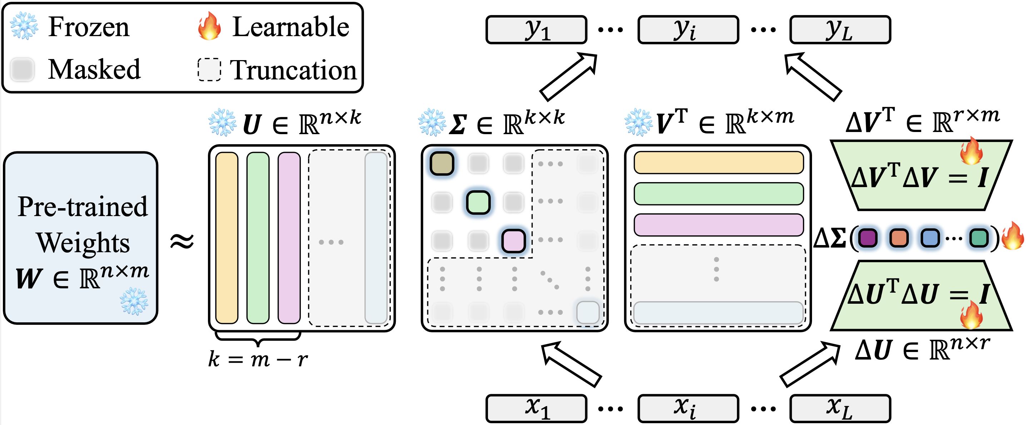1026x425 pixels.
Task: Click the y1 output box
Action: (x=536, y=29)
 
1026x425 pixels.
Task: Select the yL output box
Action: (x=840, y=29)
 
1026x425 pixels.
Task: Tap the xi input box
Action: (x=688, y=408)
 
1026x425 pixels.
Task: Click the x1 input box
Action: (x=536, y=408)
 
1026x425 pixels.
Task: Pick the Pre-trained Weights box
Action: (x=81, y=238)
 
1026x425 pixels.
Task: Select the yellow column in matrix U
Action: (x=226, y=238)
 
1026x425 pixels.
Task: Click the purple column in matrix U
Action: (x=289, y=238)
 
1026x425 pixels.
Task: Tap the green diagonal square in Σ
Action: (x=478, y=202)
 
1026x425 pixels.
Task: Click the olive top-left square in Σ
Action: (x=442, y=163)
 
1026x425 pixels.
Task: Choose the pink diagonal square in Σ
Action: (x=513, y=241)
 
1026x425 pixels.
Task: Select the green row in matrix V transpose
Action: (x=718, y=194)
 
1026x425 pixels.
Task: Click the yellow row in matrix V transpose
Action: (x=718, y=163)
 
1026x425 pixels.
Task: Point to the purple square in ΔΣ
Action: (x=868, y=238)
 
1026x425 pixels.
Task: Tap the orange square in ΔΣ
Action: (x=899, y=238)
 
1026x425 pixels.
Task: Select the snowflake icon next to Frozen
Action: (x=24, y=26)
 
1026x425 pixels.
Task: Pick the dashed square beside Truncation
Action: (x=209, y=70)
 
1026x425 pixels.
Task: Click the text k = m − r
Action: (x=258, y=360)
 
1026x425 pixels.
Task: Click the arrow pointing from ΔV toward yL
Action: (x=814, y=77)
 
